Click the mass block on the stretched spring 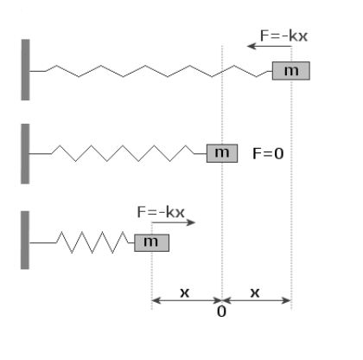point(291,71)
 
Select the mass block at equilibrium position point(222,153)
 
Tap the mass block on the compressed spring point(151,243)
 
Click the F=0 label point(268,153)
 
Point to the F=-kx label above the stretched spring point(283,36)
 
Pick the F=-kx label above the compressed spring point(161,212)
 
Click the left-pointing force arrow point(270,46)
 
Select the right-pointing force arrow point(174,222)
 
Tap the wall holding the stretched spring point(25,70)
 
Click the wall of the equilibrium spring point(25,154)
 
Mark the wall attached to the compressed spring point(25,240)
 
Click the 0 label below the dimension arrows point(221,312)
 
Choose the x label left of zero point(185,292)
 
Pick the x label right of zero point(255,292)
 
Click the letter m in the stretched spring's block point(291,71)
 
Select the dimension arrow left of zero point(187,300)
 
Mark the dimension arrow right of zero point(257,300)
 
